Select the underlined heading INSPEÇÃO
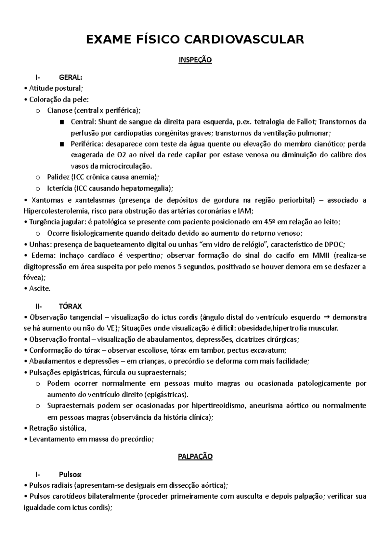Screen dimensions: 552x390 [195, 60]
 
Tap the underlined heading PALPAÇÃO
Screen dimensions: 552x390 [195, 456]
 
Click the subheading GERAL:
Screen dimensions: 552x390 [70, 77]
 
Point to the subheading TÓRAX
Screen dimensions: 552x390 [70, 306]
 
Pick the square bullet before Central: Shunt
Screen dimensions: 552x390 [62, 122]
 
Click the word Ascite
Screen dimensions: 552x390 [39, 288]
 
